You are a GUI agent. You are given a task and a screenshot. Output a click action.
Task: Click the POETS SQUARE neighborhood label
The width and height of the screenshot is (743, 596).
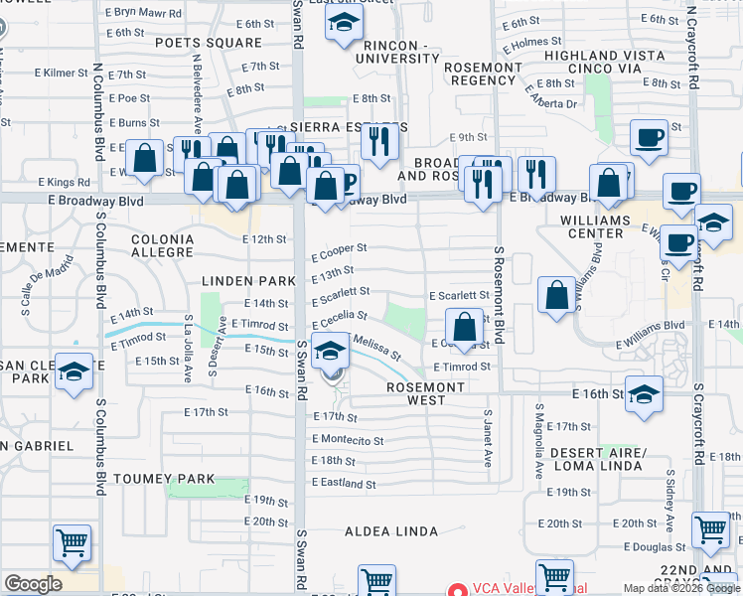coord(213,43)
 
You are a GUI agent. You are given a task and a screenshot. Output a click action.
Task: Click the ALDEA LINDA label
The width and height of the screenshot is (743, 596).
coord(390,531)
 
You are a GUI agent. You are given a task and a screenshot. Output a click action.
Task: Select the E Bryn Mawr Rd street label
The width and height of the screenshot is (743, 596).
coord(142,13)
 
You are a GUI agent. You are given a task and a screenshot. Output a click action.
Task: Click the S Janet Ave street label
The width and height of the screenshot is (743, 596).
coord(488,437)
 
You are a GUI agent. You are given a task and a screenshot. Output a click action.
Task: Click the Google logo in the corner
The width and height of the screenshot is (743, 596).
coord(33,584)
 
